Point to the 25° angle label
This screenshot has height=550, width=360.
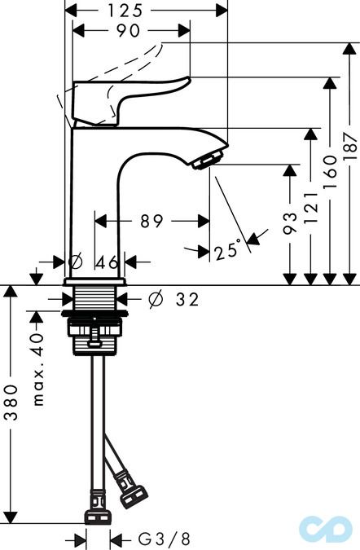(229, 251)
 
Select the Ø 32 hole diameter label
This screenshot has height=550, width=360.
(173, 300)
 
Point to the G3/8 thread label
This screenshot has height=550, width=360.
(163, 539)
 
